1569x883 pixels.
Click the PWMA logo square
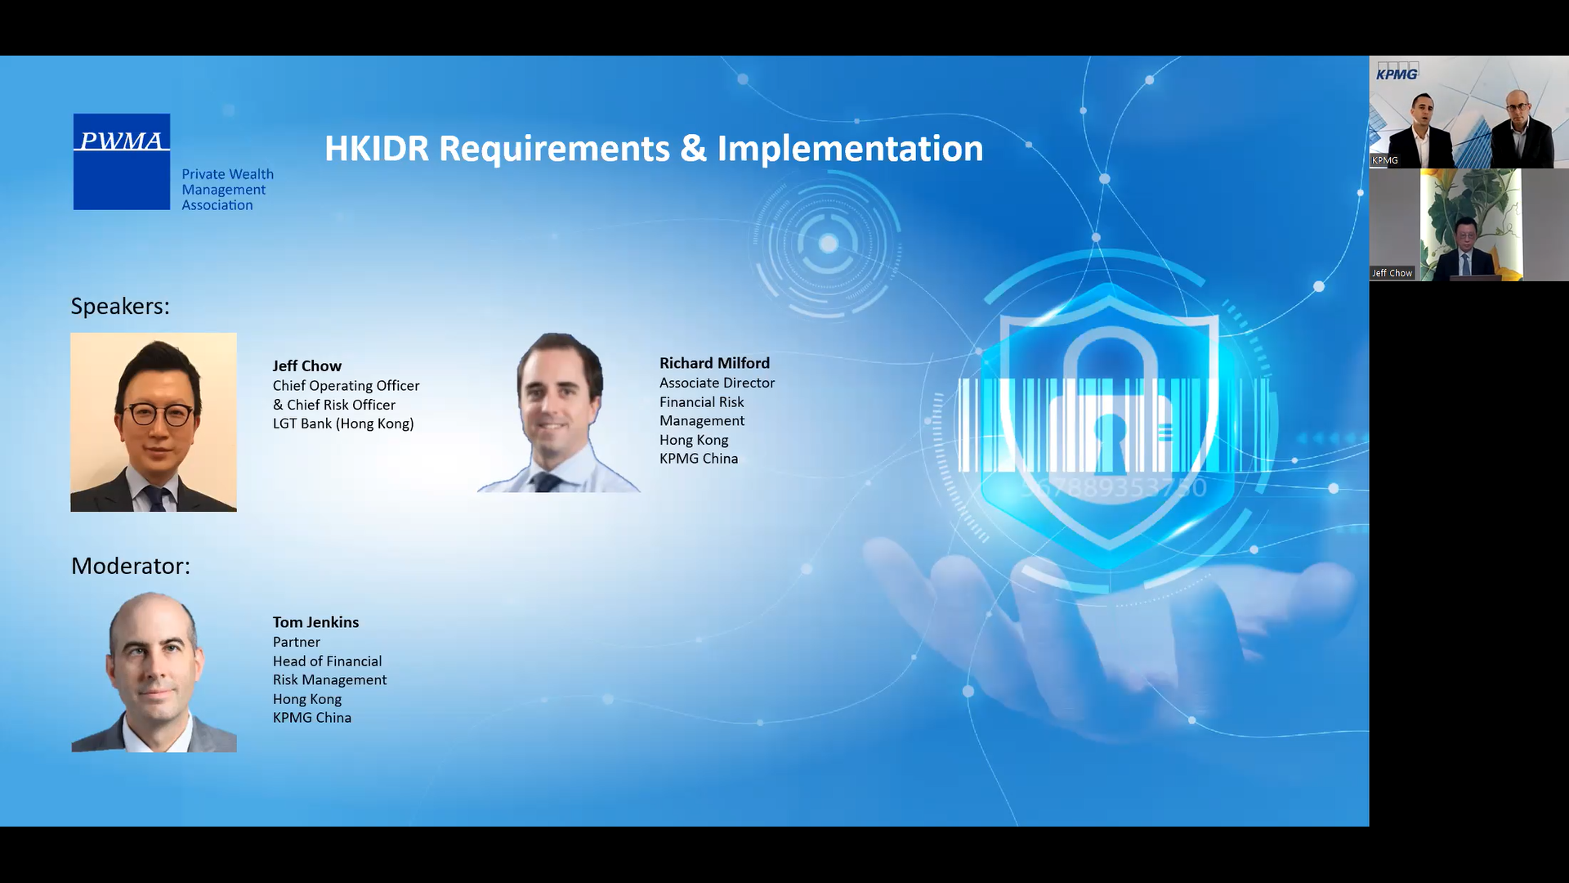point(122,161)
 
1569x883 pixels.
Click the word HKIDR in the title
point(377,149)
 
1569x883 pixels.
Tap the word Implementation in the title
point(850,150)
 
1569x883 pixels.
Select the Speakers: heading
point(120,306)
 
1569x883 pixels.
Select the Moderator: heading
point(131,566)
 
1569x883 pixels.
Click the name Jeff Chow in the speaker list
point(307,365)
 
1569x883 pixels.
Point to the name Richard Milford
point(714,363)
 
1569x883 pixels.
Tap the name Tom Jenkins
point(315,622)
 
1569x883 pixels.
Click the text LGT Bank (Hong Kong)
point(343,424)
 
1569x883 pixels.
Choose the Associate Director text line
point(717,383)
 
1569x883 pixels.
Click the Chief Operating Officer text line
point(346,385)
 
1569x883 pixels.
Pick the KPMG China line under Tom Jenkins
point(312,718)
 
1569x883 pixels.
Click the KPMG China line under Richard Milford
point(699,459)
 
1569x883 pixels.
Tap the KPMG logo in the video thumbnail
point(1397,74)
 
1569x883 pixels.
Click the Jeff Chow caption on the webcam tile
point(1392,273)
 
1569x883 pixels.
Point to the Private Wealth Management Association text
point(227,190)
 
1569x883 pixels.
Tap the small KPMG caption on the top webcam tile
point(1384,160)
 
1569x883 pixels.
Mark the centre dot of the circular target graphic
point(828,243)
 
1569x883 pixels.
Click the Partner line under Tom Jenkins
point(297,642)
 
